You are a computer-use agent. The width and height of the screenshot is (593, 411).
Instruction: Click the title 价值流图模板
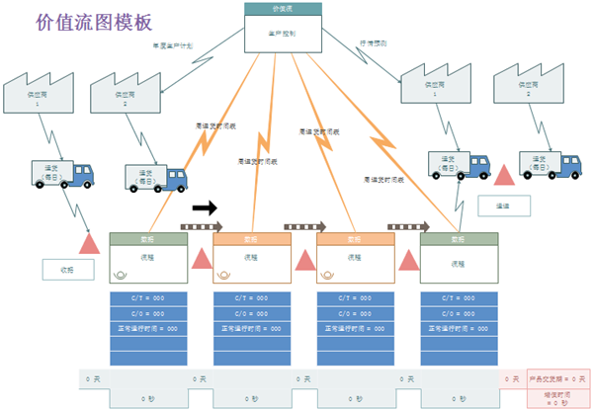tap(94, 22)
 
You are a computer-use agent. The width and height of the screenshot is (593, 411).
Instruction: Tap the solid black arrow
tap(206, 207)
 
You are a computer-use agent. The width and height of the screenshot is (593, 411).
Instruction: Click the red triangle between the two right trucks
tap(505, 175)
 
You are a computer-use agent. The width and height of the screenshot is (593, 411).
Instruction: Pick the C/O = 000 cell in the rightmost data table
tap(460, 313)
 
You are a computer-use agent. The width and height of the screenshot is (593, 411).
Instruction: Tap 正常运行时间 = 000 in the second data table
tap(252, 328)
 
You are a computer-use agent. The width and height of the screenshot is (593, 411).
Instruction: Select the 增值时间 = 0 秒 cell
tap(556, 398)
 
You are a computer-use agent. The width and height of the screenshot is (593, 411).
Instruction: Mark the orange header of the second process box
tap(252, 238)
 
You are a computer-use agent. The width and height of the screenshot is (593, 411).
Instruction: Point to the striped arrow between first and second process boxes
tap(201, 227)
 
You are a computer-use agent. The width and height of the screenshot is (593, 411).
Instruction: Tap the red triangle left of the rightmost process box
tap(408, 259)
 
